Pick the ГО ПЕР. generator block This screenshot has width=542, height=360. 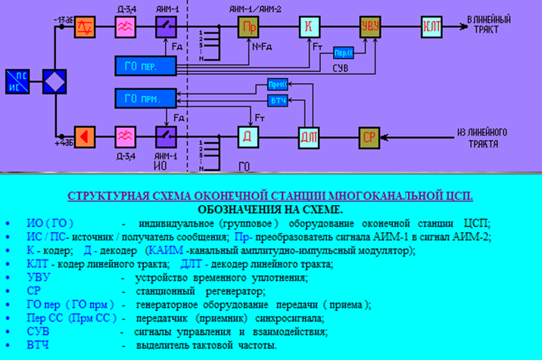point(144,66)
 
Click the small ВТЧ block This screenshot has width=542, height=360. point(278,101)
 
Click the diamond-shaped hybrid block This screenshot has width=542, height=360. point(55,81)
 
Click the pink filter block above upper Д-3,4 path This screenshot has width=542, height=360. point(125,27)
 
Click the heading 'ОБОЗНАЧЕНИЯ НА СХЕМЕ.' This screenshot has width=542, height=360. point(270,209)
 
